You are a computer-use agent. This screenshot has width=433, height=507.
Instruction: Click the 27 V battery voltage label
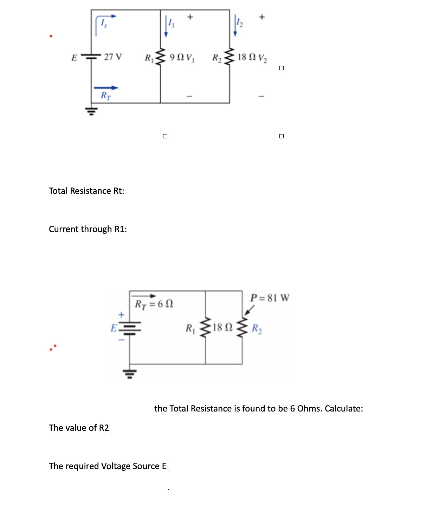(x=113, y=57)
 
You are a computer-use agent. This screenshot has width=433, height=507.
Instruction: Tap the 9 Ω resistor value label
(x=176, y=57)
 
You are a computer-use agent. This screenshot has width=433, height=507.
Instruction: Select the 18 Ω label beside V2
(x=247, y=57)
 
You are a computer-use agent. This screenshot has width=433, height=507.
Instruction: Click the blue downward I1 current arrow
(x=166, y=27)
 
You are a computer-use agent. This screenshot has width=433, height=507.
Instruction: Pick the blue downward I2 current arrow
(x=235, y=26)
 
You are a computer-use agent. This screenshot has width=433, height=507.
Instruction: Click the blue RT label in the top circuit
(x=105, y=95)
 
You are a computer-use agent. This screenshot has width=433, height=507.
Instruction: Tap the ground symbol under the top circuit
(x=91, y=111)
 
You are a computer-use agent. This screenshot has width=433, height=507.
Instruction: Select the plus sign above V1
(x=190, y=17)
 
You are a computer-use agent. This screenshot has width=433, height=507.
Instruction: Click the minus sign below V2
(x=261, y=96)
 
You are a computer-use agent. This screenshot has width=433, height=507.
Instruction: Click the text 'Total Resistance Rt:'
(x=86, y=191)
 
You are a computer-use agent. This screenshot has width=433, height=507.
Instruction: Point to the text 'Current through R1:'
(x=88, y=229)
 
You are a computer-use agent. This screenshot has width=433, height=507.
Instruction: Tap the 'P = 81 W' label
(x=270, y=298)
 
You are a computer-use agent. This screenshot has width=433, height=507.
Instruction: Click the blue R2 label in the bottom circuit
(x=257, y=329)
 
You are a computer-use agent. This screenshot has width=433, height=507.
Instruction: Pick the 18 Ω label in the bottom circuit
(x=222, y=328)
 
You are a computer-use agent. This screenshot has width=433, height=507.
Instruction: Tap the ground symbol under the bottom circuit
(x=130, y=373)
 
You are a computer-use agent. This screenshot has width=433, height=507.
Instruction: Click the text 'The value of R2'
(x=79, y=428)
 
